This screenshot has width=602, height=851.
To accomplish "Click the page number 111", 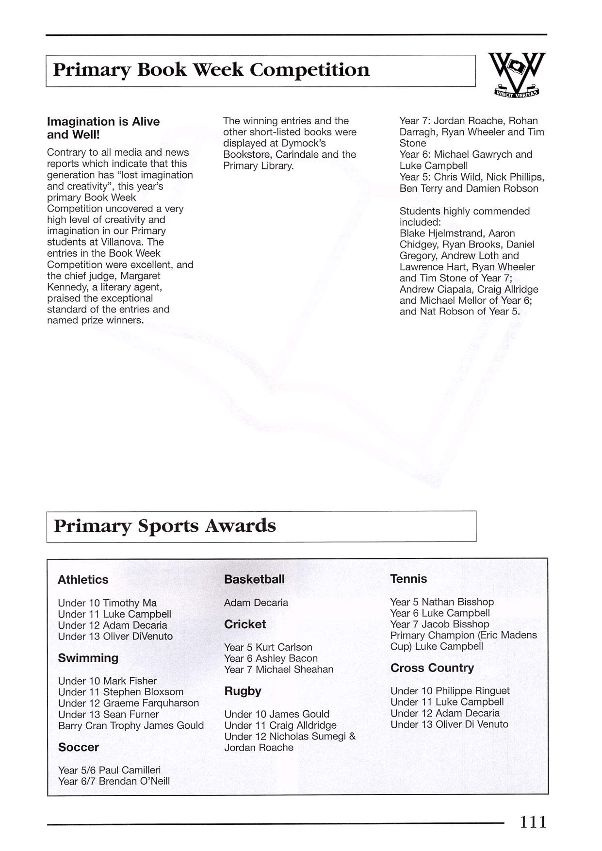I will click(x=533, y=822).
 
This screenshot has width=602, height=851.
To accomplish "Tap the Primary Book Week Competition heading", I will click(x=211, y=70).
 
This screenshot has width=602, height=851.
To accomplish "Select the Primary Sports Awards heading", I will click(x=164, y=526).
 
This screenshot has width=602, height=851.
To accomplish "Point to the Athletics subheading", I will click(x=83, y=580).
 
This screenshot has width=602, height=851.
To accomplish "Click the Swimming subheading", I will click(x=88, y=658).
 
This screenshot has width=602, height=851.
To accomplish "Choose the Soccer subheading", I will click(x=78, y=747).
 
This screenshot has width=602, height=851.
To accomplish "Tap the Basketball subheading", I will click(x=254, y=579).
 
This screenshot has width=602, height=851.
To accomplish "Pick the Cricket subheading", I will click(x=244, y=624).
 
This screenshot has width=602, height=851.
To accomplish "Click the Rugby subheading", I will click(x=243, y=691).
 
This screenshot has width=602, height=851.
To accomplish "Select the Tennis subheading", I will click(x=408, y=579).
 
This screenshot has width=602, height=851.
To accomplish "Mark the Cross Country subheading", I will click(x=432, y=668).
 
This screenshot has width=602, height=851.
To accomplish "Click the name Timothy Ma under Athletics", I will click(x=130, y=603).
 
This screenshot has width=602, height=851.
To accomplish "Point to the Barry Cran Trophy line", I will click(x=131, y=725).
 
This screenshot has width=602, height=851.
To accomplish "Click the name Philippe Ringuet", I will click(x=472, y=691).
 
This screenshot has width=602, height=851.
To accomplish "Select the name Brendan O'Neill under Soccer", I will click(x=134, y=781).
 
